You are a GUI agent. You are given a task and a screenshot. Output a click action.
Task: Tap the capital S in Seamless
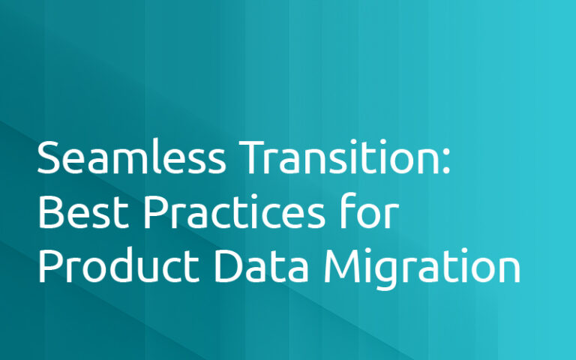click(49, 159)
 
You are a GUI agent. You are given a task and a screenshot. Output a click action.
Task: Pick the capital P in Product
click(49, 268)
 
